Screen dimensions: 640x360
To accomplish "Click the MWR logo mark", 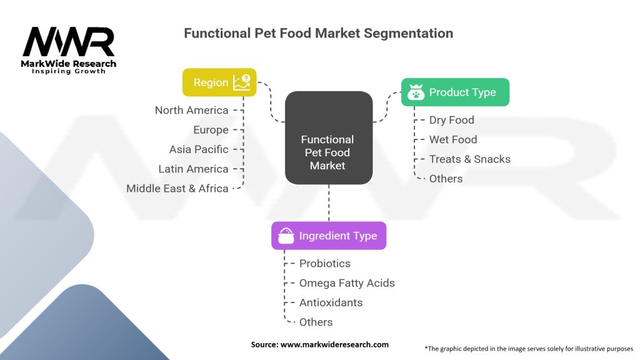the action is click(69, 42).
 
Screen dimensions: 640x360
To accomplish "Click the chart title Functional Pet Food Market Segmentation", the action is click(318, 33).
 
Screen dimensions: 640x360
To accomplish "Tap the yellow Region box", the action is click(219, 82).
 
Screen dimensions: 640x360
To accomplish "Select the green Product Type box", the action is click(455, 92).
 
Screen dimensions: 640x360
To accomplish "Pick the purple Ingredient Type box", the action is click(329, 236).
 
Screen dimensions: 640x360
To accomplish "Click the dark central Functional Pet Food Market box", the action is click(329, 138).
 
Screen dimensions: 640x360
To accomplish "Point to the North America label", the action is click(191, 110).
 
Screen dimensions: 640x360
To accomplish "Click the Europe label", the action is click(211, 130).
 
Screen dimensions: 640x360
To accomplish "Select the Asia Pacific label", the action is click(199, 149).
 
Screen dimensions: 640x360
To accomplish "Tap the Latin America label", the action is click(194, 169).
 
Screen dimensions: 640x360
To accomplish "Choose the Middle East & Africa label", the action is click(177, 189).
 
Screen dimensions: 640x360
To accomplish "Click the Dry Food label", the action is click(451, 120).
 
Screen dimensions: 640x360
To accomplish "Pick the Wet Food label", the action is click(453, 139).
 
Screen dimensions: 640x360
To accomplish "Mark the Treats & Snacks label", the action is click(470, 159).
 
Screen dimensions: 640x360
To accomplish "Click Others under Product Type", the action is click(446, 179).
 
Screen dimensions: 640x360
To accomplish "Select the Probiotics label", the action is click(325, 263).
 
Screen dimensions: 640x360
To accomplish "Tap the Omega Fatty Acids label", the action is click(347, 283).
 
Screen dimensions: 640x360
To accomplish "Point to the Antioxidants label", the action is click(331, 302).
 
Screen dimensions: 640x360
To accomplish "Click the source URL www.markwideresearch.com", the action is click(334, 344).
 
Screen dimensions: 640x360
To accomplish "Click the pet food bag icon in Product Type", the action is click(416, 92).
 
